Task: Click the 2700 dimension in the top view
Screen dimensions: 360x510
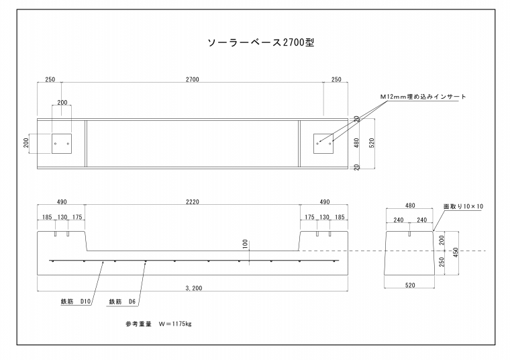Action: (192, 80)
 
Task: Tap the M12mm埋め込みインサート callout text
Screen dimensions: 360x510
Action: (423, 97)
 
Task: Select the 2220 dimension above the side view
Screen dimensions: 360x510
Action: (192, 201)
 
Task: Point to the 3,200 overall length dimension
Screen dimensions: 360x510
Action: (192, 288)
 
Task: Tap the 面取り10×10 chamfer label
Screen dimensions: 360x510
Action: (464, 207)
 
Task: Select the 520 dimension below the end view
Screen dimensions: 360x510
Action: (410, 285)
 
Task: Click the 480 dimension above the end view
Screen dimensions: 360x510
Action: (410, 207)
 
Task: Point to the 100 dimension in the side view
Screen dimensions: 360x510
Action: (246, 244)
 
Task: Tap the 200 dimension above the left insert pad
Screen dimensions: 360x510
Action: (62, 103)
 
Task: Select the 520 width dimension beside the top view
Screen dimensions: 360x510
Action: (371, 142)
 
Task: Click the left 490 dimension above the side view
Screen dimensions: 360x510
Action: (62, 201)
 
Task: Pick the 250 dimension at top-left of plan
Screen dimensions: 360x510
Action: (50, 80)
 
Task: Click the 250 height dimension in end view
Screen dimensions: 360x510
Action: (441, 262)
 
